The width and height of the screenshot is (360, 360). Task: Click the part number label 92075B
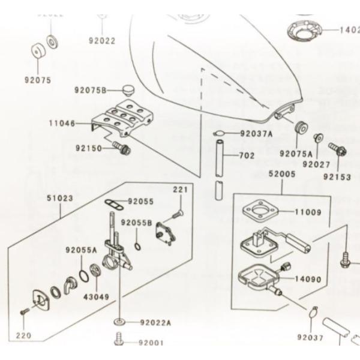(90, 91)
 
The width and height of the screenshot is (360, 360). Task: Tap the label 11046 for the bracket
(62, 124)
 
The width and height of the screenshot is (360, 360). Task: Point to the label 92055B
(137, 223)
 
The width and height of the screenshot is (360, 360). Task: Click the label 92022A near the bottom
(155, 322)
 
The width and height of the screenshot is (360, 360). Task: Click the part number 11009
(307, 212)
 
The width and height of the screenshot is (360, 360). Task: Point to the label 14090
(307, 279)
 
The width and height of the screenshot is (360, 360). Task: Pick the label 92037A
(256, 134)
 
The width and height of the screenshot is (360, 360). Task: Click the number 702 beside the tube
(247, 155)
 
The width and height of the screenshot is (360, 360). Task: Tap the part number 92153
(337, 177)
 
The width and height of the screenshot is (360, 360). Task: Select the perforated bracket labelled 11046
(119, 120)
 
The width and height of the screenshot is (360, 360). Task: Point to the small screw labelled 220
(23, 311)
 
